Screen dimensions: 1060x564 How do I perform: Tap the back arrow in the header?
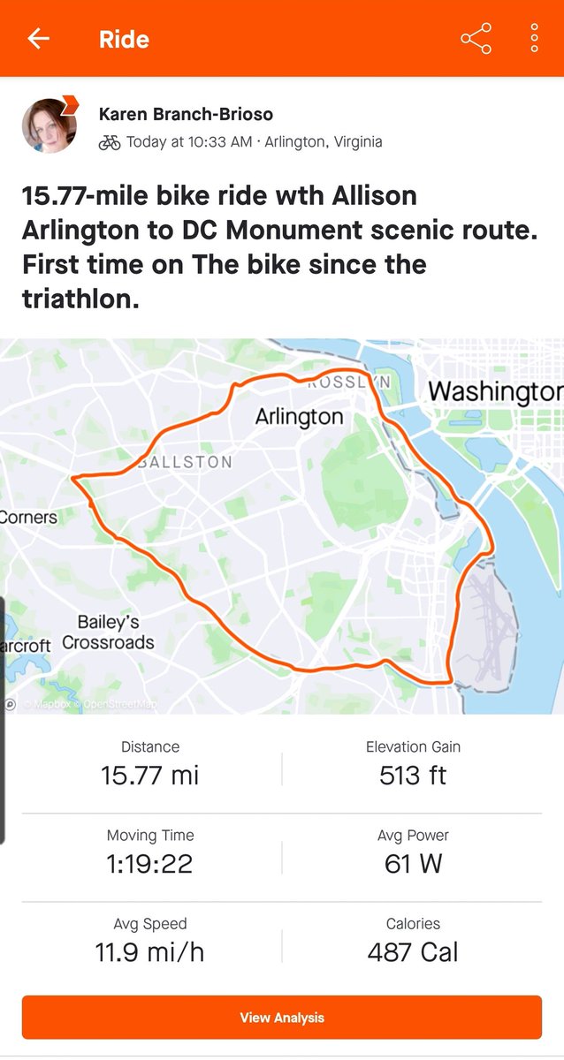[x=38, y=39]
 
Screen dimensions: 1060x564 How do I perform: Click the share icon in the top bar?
[x=476, y=39]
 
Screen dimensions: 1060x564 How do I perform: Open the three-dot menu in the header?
[x=535, y=39]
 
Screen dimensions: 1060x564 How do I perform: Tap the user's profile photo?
[x=49, y=126]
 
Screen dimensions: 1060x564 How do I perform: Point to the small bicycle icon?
[x=110, y=142]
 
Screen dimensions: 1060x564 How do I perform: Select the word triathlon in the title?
[x=80, y=299]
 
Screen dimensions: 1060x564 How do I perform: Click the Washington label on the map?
[x=493, y=390]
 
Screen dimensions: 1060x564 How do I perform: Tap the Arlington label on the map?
[x=299, y=416]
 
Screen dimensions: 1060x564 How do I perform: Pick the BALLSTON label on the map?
[x=186, y=462]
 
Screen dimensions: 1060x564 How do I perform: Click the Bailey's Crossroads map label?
[x=108, y=632]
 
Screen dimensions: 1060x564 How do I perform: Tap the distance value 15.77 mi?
[x=150, y=776]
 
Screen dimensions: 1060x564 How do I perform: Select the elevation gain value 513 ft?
[x=413, y=776]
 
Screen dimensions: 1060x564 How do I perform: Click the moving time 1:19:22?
[x=150, y=864]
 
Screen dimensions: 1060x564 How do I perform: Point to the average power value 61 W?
[x=413, y=864]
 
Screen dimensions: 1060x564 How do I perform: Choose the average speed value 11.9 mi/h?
[x=150, y=952]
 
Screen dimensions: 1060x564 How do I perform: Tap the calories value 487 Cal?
[x=413, y=952]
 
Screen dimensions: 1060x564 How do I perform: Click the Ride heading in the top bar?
[x=124, y=40]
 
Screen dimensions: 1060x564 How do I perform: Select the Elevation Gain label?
[x=413, y=747]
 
